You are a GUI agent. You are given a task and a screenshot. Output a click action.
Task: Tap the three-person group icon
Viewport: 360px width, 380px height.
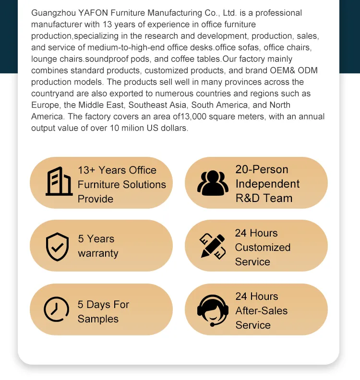pos(213,182)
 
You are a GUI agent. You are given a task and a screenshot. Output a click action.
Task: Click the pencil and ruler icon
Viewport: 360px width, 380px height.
pos(212,246)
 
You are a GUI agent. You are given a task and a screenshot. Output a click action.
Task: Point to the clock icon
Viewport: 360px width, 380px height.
pos(56,309)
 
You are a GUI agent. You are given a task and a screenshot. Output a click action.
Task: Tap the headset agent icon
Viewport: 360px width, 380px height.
pos(213,310)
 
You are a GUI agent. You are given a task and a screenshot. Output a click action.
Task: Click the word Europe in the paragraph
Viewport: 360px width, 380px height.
pos(45,105)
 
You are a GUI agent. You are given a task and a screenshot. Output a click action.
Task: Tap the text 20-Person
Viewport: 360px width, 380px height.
pos(262,169)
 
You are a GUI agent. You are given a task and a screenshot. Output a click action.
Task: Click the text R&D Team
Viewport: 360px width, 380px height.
pos(264,198)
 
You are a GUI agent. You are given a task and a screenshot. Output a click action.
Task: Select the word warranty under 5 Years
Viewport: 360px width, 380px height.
pos(98,253)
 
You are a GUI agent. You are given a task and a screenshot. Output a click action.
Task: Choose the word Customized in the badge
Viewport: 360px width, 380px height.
pos(263,248)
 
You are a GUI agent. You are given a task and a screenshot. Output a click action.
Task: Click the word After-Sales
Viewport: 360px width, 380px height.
pos(261,311)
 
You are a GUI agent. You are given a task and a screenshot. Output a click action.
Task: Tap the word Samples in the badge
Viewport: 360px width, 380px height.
pos(98,319)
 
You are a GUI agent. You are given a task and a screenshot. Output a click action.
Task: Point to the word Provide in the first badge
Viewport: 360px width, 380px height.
pos(96,199)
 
